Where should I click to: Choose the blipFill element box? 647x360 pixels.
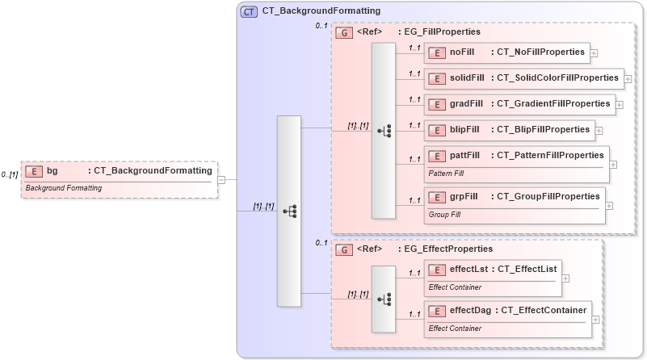point(510,129)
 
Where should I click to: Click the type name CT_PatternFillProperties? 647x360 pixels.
point(549,155)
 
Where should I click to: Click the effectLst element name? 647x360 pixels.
point(468,269)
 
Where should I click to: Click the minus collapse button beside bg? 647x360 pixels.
point(221,179)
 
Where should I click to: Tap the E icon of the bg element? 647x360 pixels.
point(34,171)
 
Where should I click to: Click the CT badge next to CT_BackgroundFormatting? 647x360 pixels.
point(250,11)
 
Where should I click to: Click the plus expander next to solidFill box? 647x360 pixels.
point(628,78)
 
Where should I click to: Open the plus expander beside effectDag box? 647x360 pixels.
point(595,319)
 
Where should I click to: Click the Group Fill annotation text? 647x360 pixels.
point(444,215)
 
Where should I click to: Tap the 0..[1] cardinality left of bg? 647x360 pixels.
point(10,174)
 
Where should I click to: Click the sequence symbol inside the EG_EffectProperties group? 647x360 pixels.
point(384,298)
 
